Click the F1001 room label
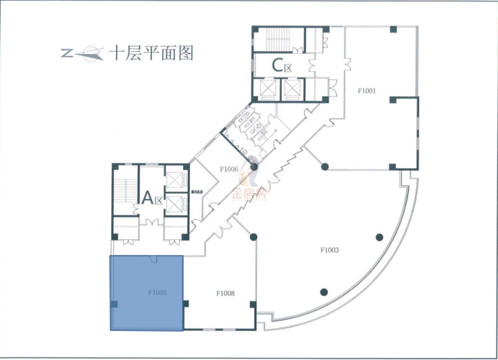coord(366,91)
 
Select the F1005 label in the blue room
coord(157,292)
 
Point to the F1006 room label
coord(229,169)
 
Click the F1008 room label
coord(225,293)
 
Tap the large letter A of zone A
coord(147,198)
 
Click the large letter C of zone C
coord(278,66)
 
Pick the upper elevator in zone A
coord(175,180)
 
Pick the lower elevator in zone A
coord(175,204)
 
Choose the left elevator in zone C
coord(266,88)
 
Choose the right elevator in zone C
coord(293,88)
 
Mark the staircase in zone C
coord(278,39)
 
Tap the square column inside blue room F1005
coord(115,304)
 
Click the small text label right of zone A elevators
coord(198,191)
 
